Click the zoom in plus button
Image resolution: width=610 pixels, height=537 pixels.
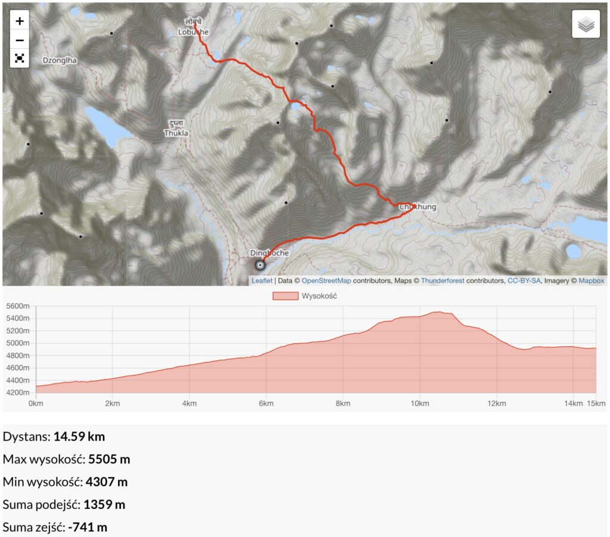(20, 21)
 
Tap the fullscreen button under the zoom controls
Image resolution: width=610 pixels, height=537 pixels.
(20, 58)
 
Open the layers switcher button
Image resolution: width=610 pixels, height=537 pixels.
(586, 24)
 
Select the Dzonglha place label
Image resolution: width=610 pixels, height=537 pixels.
(60, 60)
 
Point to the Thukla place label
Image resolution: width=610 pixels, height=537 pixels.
(176, 133)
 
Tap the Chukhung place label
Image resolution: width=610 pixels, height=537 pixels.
(418, 207)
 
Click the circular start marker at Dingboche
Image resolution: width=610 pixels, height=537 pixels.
(260, 265)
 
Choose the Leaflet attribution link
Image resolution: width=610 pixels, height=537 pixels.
(262, 280)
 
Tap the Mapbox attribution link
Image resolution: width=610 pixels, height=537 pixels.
(591, 280)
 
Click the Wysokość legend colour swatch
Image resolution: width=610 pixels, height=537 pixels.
(285, 296)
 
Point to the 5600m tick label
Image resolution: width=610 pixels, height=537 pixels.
(17, 306)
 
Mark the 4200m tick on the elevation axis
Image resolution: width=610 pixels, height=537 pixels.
(17, 393)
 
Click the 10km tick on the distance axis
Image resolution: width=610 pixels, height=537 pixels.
(419, 404)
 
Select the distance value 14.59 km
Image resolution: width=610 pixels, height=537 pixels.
(79, 436)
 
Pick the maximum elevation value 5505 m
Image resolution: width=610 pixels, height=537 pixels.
(109, 459)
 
